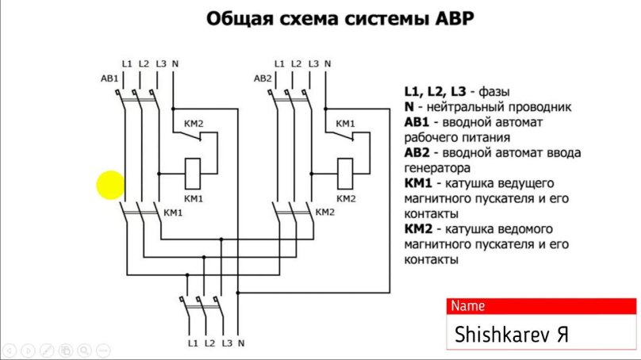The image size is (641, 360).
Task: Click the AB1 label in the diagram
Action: point(109,79)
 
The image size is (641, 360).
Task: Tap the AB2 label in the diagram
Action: point(263,79)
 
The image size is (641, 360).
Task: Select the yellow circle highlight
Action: point(111,186)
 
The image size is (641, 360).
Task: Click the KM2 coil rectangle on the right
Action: point(345,169)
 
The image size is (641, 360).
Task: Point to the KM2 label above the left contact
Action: point(194,124)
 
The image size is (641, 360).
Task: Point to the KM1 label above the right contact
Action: point(345,124)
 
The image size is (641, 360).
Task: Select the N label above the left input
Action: point(175,63)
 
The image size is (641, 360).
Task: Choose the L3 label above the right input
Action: point(313,63)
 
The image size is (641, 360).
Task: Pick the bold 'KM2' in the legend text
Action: point(417,228)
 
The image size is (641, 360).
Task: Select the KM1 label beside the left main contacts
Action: point(173,213)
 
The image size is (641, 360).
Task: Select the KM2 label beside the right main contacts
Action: point(325,213)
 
